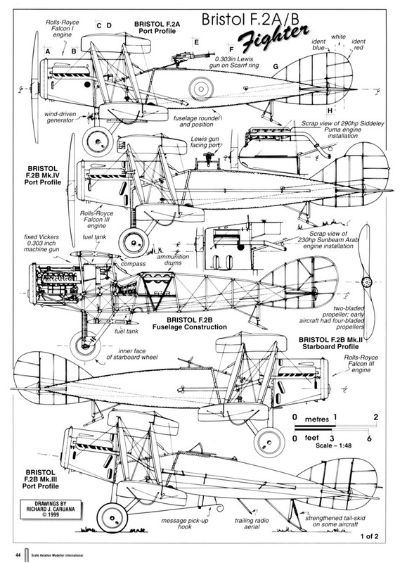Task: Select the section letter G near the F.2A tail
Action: point(276,66)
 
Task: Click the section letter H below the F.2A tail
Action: point(330,110)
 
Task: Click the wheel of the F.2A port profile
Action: point(97,142)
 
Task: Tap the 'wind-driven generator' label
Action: point(60,118)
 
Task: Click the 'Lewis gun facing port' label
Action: point(205,142)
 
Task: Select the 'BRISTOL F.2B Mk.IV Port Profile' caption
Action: point(42,175)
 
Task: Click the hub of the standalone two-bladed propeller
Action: point(366,282)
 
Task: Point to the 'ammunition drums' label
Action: point(173,260)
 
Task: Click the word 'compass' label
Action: point(133,263)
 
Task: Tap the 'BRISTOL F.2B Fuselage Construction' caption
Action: point(190,324)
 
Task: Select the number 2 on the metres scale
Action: point(376,417)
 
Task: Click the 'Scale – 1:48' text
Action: point(333,446)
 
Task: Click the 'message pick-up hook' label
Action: point(184,524)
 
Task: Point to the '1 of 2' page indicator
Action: point(369,537)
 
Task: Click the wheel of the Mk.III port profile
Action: point(112,518)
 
